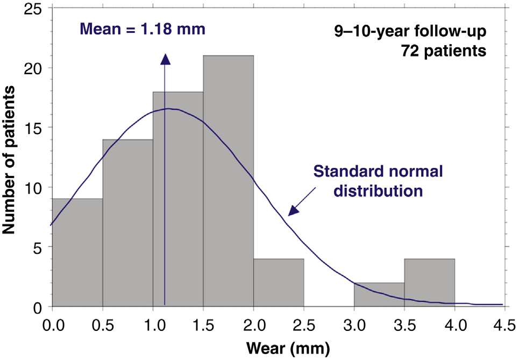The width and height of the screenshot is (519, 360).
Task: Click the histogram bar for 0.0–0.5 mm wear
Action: click(77, 253)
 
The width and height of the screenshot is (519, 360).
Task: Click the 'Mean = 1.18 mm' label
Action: click(143, 28)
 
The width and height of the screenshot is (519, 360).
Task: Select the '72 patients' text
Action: click(443, 52)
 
